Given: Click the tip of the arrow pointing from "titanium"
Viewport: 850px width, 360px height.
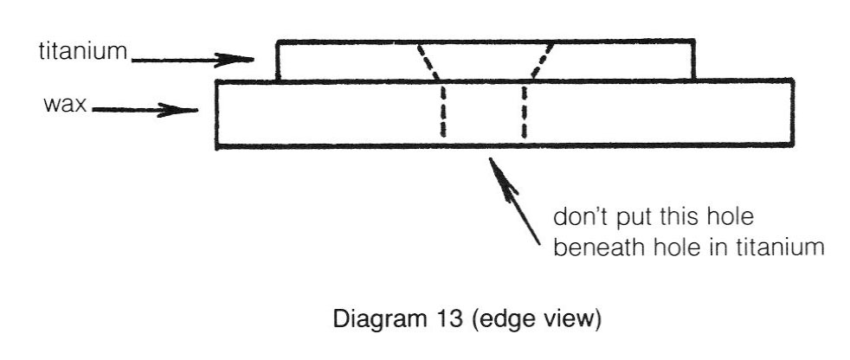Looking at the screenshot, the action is (254, 59).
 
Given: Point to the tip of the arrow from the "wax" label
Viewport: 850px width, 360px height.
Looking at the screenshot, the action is (197, 111).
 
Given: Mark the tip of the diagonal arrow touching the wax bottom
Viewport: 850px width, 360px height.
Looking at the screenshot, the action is (490, 157).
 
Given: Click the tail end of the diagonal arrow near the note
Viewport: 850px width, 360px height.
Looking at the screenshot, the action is (539, 244).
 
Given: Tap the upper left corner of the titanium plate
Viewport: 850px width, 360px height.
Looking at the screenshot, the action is (277, 42).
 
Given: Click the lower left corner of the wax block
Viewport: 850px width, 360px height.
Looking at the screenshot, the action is (217, 146).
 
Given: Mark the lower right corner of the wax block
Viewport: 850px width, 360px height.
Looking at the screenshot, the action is (793, 145).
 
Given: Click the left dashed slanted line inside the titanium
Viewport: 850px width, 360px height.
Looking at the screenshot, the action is (428, 62).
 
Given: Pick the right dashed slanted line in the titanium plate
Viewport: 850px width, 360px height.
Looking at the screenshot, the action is (542, 61).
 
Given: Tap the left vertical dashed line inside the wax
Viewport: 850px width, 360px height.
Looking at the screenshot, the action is (443, 110).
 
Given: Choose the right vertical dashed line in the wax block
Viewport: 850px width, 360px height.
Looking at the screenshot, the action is (525, 110).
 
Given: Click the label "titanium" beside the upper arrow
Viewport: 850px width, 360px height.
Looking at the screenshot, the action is (83, 52).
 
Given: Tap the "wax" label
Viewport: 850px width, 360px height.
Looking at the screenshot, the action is (65, 104).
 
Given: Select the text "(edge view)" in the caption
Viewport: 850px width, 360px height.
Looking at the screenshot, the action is (534, 320).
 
